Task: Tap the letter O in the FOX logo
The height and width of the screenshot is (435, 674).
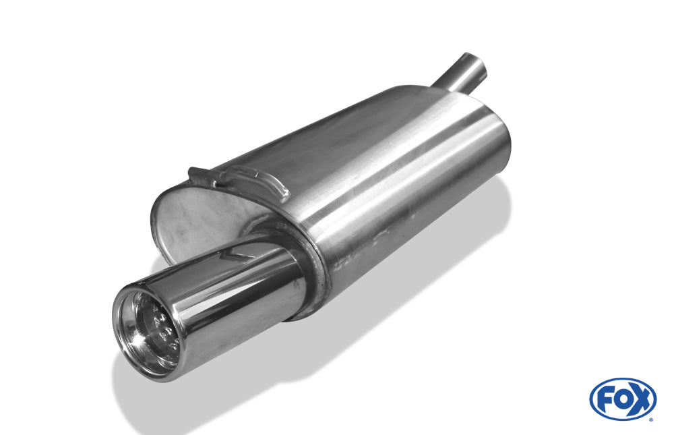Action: (x=622, y=399)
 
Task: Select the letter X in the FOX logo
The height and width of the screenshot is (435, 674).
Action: (x=640, y=399)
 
